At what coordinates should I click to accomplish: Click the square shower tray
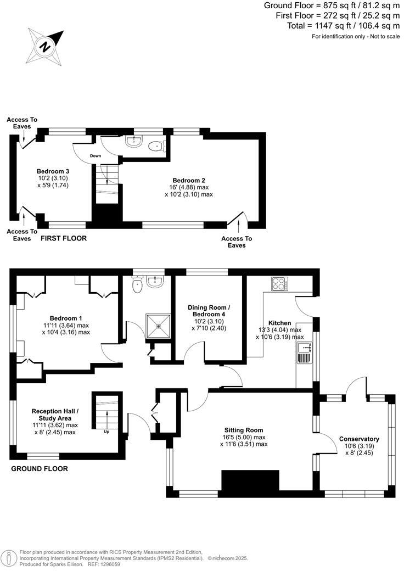pos(159,325)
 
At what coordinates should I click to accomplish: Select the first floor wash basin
pos(133,142)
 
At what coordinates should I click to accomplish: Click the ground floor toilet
pos(137,285)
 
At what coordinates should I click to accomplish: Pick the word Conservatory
pos(359,439)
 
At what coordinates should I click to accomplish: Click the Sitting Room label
pos(243,430)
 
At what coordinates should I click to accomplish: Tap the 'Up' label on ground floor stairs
pos(106,431)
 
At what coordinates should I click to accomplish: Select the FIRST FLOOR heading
pos(64,238)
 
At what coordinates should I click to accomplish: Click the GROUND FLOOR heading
pos(39,469)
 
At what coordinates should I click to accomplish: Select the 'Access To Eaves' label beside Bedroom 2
pos(237,242)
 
